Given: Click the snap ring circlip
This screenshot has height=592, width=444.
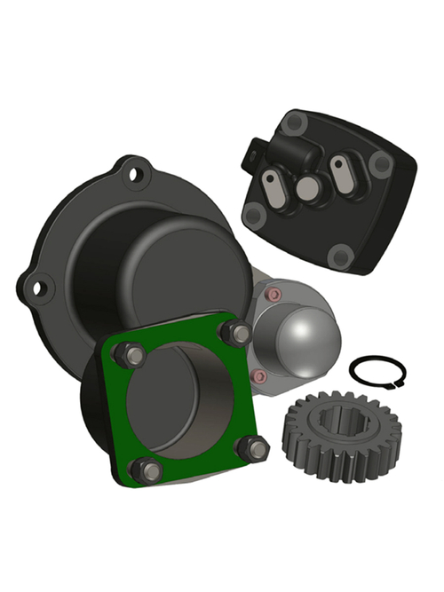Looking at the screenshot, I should [x=377, y=359].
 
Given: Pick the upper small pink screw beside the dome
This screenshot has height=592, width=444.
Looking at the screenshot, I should [x=274, y=294].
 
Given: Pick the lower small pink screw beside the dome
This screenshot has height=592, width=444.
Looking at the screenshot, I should [x=258, y=376].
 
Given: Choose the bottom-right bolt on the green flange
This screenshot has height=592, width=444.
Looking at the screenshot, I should [x=255, y=449].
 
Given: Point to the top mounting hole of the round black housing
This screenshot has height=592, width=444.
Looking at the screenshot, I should [x=135, y=173].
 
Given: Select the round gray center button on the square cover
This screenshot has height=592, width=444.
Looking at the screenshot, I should [x=307, y=187].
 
